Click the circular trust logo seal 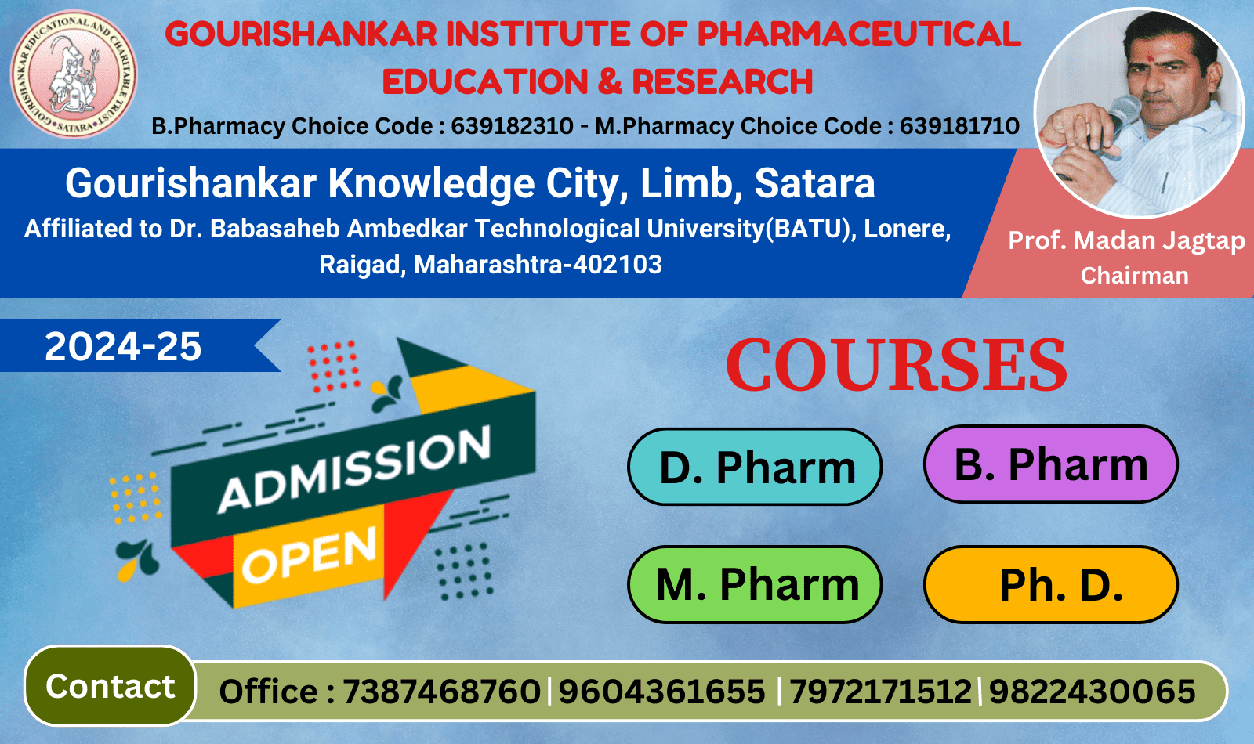[74, 74]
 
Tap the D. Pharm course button [755, 467]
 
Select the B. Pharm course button [1051, 464]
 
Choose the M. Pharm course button [755, 584]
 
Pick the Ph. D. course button [1051, 584]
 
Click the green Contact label [110, 686]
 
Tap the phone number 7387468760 [441, 692]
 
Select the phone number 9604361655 [661, 692]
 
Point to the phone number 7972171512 [881, 692]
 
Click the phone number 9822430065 [1093, 692]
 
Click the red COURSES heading [897, 365]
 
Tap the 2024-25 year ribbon [140, 345]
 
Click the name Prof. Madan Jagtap [1126, 241]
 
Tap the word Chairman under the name [1134, 276]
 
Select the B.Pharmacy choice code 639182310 [513, 126]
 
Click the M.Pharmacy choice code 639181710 [959, 126]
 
